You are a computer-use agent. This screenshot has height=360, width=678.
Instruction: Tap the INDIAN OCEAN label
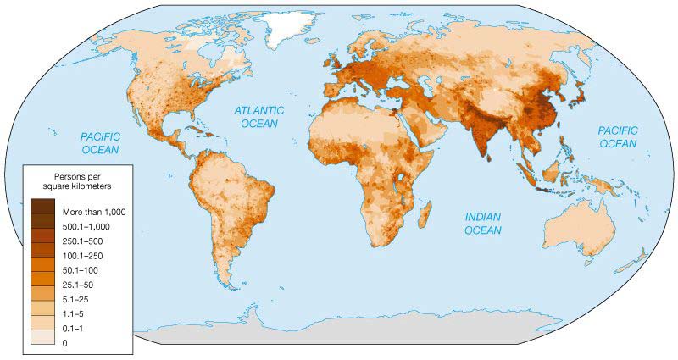pos(485,223)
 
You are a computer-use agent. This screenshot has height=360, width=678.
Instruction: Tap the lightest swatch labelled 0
pos(42,342)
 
